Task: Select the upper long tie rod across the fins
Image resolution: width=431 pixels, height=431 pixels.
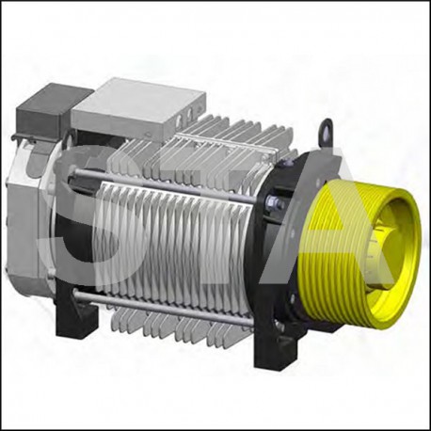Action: pyautogui.click(x=169, y=183)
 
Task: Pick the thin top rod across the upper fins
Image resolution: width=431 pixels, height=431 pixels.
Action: pyautogui.click(x=226, y=141)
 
